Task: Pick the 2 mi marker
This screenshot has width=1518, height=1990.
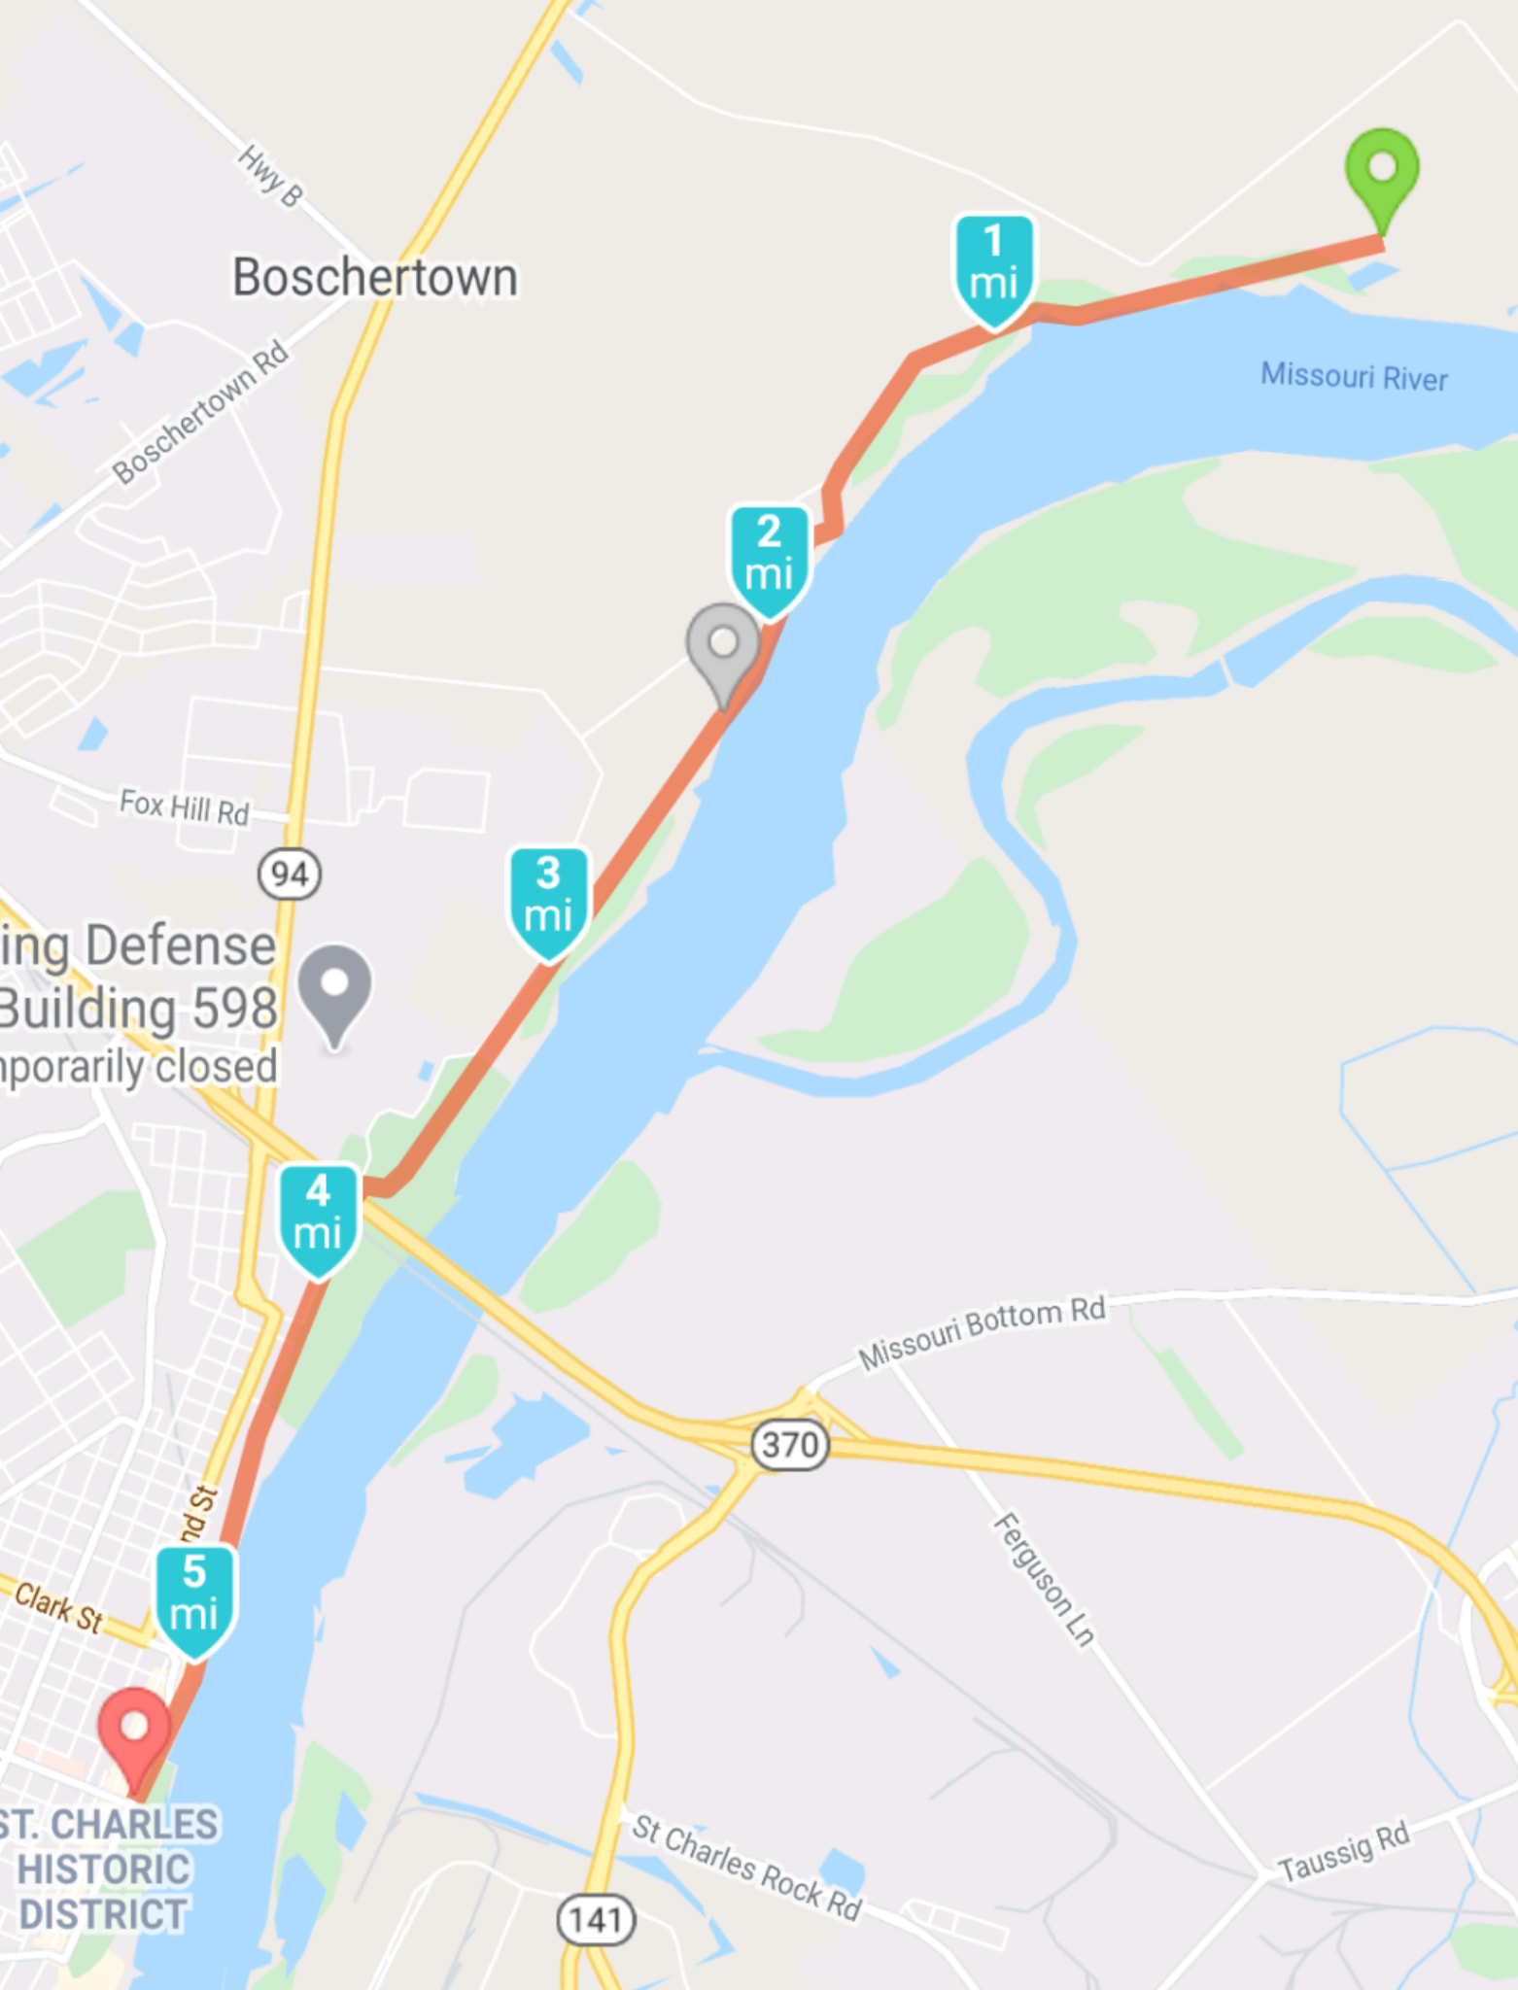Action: pos(769,555)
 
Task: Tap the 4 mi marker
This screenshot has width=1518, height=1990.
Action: pos(318,1215)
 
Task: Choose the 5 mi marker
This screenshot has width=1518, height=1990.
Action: pos(194,1595)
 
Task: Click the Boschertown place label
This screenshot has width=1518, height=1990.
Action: pos(374,278)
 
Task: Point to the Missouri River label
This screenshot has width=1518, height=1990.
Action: pos(1354,376)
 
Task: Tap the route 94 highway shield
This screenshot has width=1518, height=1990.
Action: pos(290,874)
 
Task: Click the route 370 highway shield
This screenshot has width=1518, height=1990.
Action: pos(790,1445)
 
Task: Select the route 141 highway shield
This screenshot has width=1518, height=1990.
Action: pos(595,1919)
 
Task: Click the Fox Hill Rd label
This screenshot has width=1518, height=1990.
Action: pos(185,806)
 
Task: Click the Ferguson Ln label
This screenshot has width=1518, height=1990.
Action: pos(1044,1579)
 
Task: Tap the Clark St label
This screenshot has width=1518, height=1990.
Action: pos(58,1607)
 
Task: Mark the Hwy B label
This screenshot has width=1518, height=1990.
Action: pos(270,176)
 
